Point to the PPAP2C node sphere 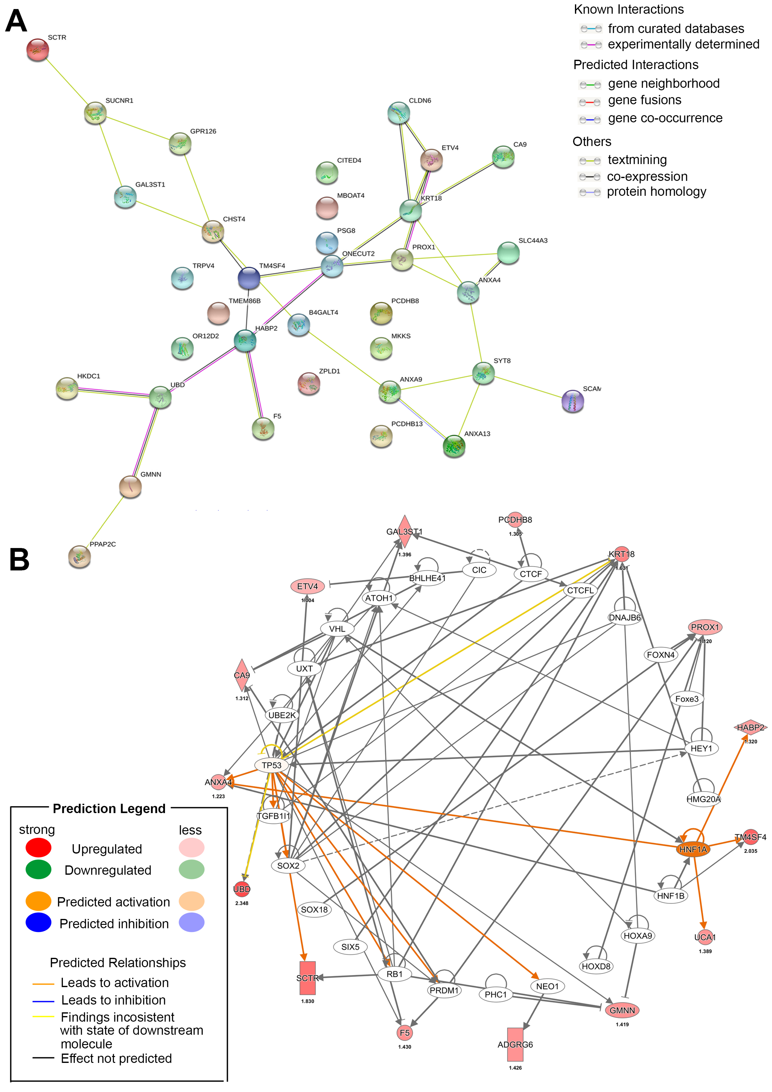point(79,556)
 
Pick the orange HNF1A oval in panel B point(693,850)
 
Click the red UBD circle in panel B point(242,889)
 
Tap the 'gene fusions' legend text point(645,100)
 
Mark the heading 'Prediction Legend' point(109,809)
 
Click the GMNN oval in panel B point(622,1010)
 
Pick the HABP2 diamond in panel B point(750,727)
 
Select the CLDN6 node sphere point(399,113)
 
